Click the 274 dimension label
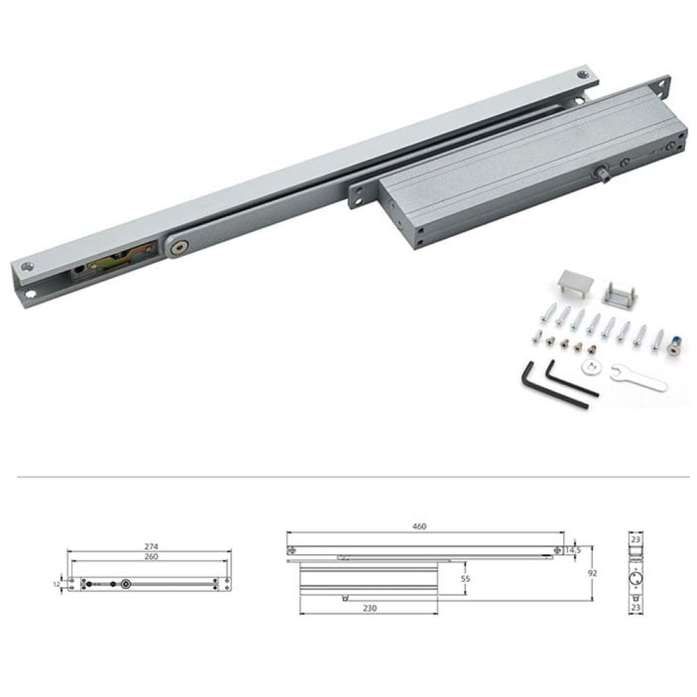click(151, 546)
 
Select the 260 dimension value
click(151, 556)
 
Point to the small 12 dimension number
click(56, 584)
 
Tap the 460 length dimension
click(419, 526)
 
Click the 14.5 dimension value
click(573, 551)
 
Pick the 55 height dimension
click(466, 579)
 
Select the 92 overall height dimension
click(592, 574)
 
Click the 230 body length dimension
click(370, 608)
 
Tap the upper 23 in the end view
click(636, 539)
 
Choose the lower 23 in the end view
click(636, 607)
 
